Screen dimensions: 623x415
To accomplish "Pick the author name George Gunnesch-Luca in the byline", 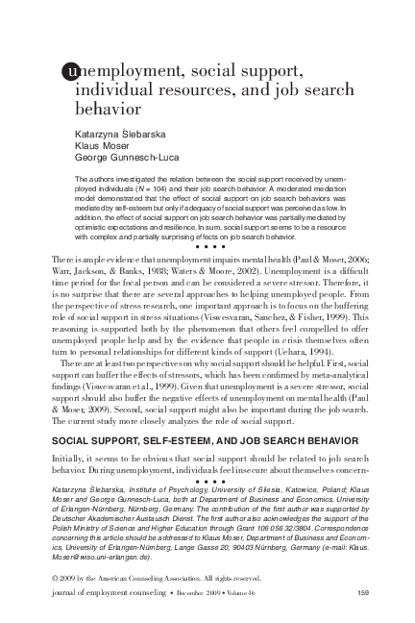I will pyautogui.click(x=128, y=161).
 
